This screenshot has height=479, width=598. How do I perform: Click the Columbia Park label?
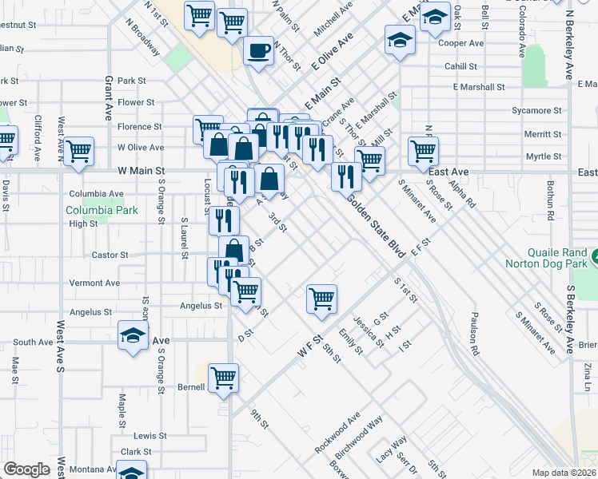click(102, 211)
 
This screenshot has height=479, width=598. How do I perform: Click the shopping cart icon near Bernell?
click(224, 378)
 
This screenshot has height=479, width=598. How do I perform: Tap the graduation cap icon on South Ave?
click(133, 336)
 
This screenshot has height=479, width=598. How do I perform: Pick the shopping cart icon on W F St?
click(321, 299)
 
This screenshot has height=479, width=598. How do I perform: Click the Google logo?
click(26, 469)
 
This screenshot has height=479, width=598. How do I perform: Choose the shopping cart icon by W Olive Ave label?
click(79, 150)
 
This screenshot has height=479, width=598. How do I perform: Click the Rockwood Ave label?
click(337, 433)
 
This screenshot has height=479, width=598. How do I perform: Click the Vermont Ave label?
click(94, 283)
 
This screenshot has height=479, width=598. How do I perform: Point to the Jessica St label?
click(369, 327)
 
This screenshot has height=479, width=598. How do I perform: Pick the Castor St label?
click(112, 255)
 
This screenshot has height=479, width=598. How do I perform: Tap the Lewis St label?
click(149, 436)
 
